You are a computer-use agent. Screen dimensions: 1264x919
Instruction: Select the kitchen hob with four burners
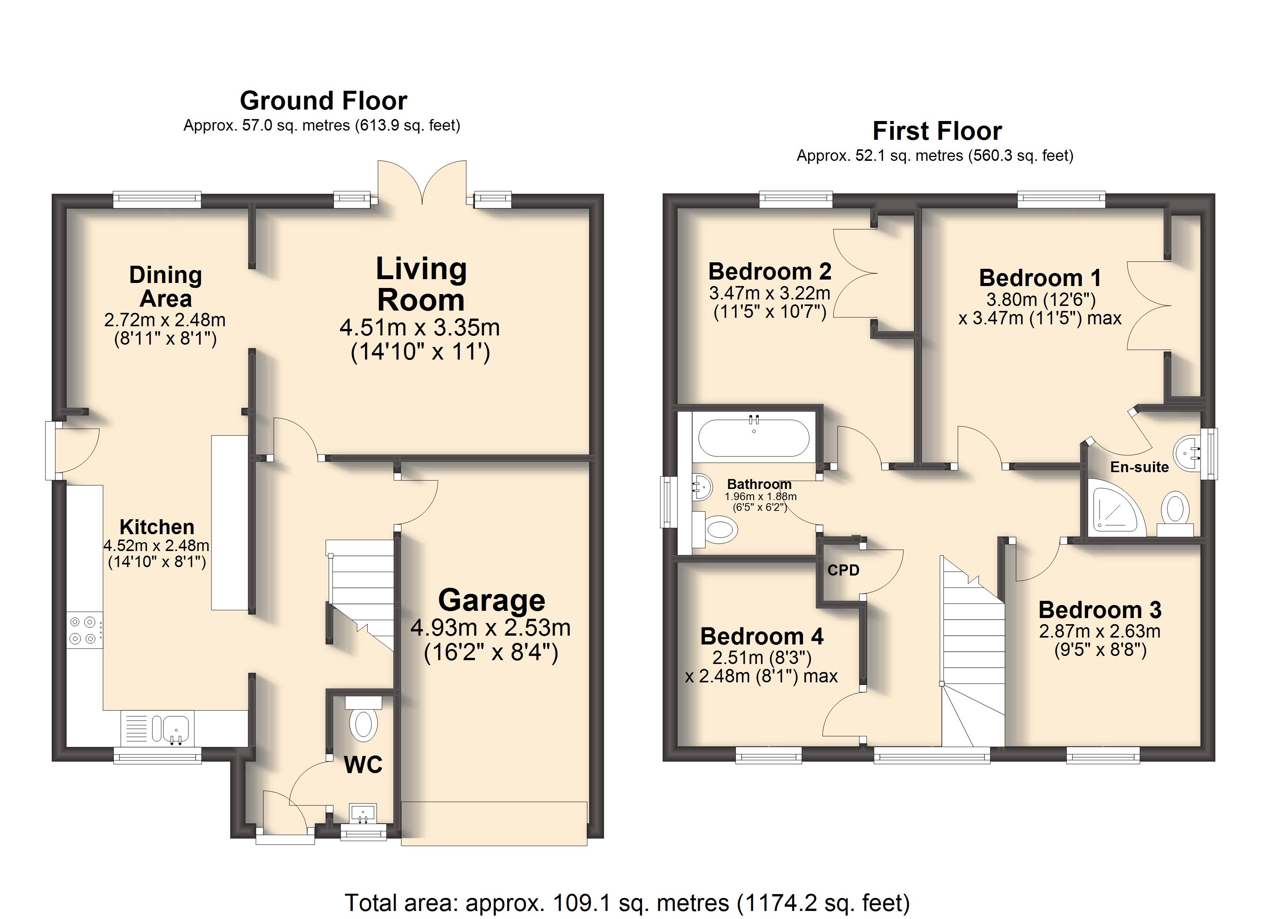85,630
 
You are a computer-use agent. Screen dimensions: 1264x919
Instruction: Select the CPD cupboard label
843,570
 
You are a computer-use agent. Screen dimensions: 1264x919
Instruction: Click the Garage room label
491,600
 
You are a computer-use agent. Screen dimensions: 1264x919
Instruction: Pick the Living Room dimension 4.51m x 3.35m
420,328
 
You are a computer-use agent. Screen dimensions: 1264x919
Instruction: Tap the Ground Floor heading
323,101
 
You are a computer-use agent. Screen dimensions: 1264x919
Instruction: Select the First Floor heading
937,131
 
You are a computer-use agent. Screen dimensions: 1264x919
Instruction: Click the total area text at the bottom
627,902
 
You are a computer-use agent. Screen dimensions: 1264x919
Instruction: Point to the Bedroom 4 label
761,636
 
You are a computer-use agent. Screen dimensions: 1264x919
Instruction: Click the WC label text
363,765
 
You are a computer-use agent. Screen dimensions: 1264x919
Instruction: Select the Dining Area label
165,286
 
